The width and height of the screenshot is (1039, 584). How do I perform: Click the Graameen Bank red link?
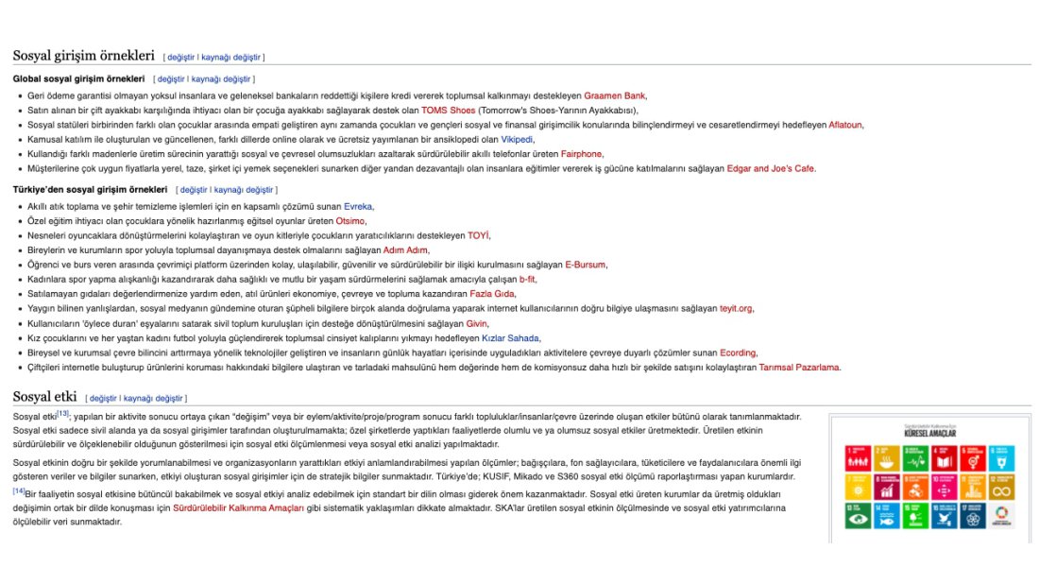tap(615, 95)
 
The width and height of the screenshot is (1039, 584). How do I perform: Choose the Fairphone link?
tap(581, 154)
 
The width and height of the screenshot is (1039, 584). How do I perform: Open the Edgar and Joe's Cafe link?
tap(771, 168)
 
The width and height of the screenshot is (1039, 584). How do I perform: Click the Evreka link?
tap(358, 206)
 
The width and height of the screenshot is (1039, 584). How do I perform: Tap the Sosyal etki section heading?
tap(43, 397)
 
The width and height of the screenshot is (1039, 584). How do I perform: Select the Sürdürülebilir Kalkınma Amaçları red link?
tap(238, 507)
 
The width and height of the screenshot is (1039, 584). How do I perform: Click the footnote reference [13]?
tap(63, 414)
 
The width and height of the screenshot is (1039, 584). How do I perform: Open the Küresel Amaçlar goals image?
tap(929, 476)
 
